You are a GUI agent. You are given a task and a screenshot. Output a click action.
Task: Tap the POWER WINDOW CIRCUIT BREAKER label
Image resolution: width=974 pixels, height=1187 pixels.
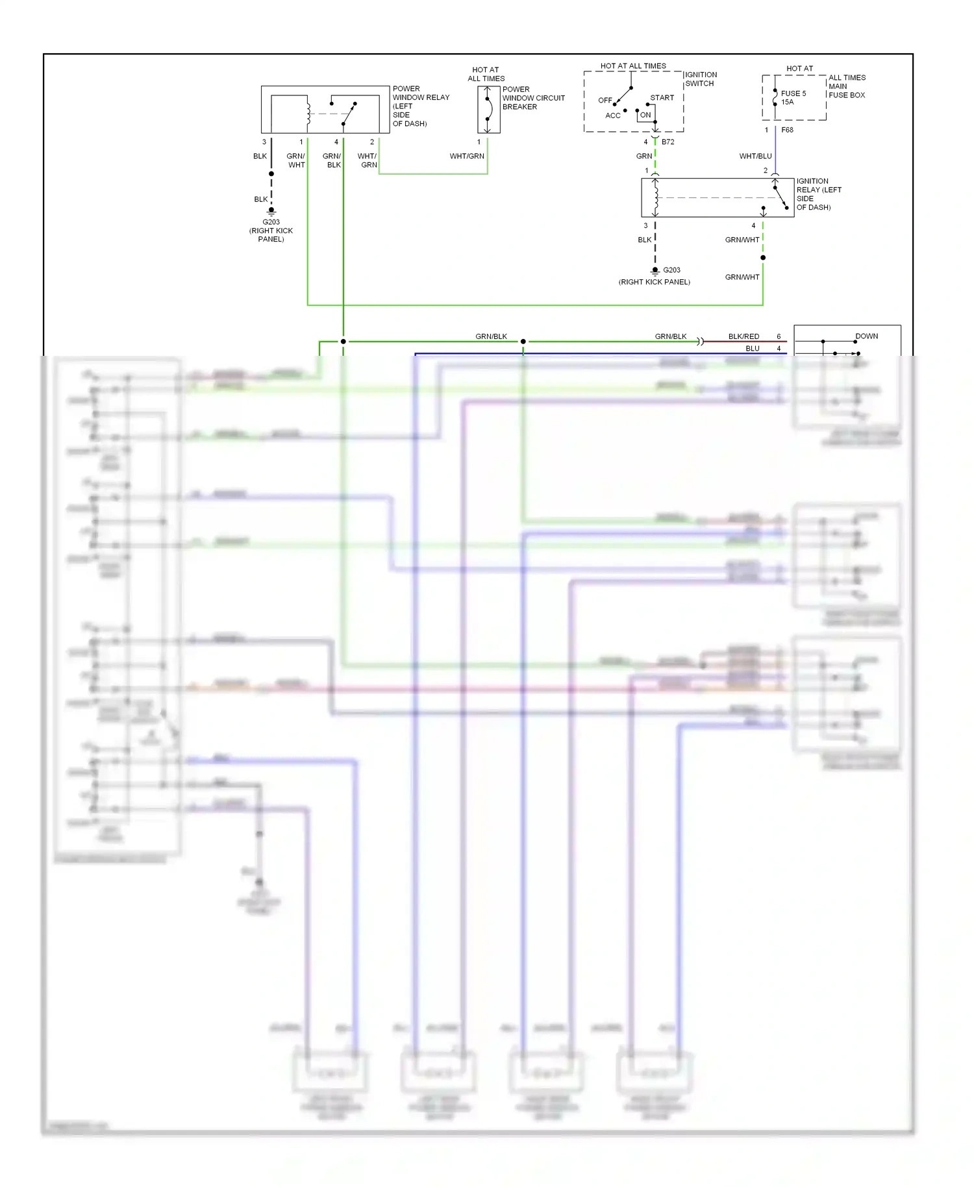pyautogui.click(x=532, y=98)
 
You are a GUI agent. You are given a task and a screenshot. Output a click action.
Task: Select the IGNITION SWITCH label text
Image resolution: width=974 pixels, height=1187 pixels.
pyautogui.click(x=701, y=79)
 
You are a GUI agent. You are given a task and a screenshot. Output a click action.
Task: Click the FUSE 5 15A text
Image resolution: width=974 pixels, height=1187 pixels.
pyautogui.click(x=793, y=97)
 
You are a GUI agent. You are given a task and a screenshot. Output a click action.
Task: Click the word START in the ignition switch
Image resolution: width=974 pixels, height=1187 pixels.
pyautogui.click(x=662, y=98)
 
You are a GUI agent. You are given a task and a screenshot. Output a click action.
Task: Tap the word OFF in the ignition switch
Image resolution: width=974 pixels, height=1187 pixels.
pyautogui.click(x=605, y=101)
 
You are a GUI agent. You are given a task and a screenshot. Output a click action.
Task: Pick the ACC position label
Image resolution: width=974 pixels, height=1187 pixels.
pyautogui.click(x=612, y=116)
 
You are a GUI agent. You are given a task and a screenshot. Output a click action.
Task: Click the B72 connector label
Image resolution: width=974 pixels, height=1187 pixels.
pyautogui.click(x=668, y=142)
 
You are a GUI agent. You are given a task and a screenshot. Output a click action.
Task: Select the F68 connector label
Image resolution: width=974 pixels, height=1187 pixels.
pyautogui.click(x=787, y=130)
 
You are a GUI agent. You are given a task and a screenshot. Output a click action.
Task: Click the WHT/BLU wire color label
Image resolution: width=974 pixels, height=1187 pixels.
pyautogui.click(x=755, y=156)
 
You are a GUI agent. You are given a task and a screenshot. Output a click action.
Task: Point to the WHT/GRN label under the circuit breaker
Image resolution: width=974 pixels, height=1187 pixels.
pyautogui.click(x=467, y=156)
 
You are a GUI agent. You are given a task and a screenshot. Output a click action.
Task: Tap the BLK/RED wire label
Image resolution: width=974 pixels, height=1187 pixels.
pyautogui.click(x=743, y=336)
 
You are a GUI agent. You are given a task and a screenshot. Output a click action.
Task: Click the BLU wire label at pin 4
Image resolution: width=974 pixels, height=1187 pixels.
pyautogui.click(x=752, y=349)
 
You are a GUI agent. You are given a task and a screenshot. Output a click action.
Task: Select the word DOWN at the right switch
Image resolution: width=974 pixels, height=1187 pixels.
pyautogui.click(x=866, y=336)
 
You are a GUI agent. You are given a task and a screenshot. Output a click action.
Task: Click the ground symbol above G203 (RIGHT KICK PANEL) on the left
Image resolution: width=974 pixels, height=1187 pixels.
pyautogui.click(x=271, y=211)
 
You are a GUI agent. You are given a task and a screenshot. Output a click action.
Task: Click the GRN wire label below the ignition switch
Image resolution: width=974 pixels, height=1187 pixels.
pyautogui.click(x=643, y=156)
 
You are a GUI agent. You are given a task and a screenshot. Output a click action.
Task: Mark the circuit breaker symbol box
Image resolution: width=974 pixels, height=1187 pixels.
pyautogui.click(x=489, y=110)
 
